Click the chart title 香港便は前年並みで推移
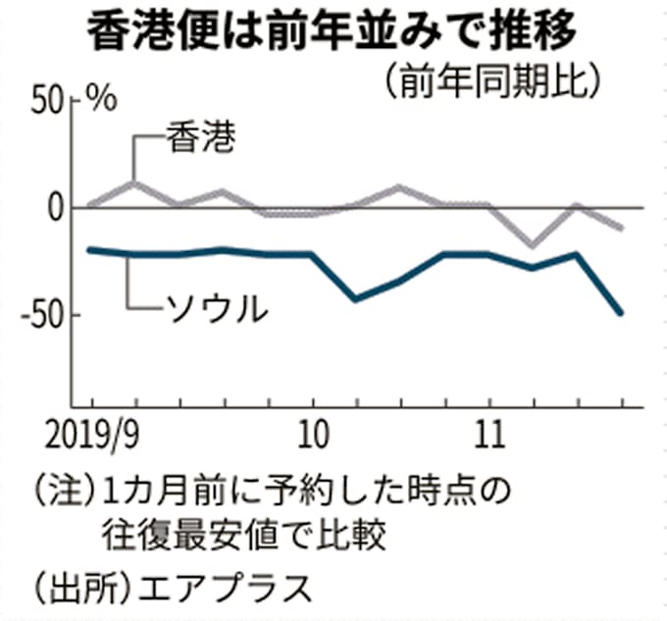(333, 32)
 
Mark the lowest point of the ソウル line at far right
(621, 314)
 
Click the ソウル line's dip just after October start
(355, 299)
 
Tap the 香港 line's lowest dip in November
(533, 245)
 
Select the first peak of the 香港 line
(134, 182)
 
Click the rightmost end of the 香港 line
(621, 229)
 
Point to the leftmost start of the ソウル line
(90, 250)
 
